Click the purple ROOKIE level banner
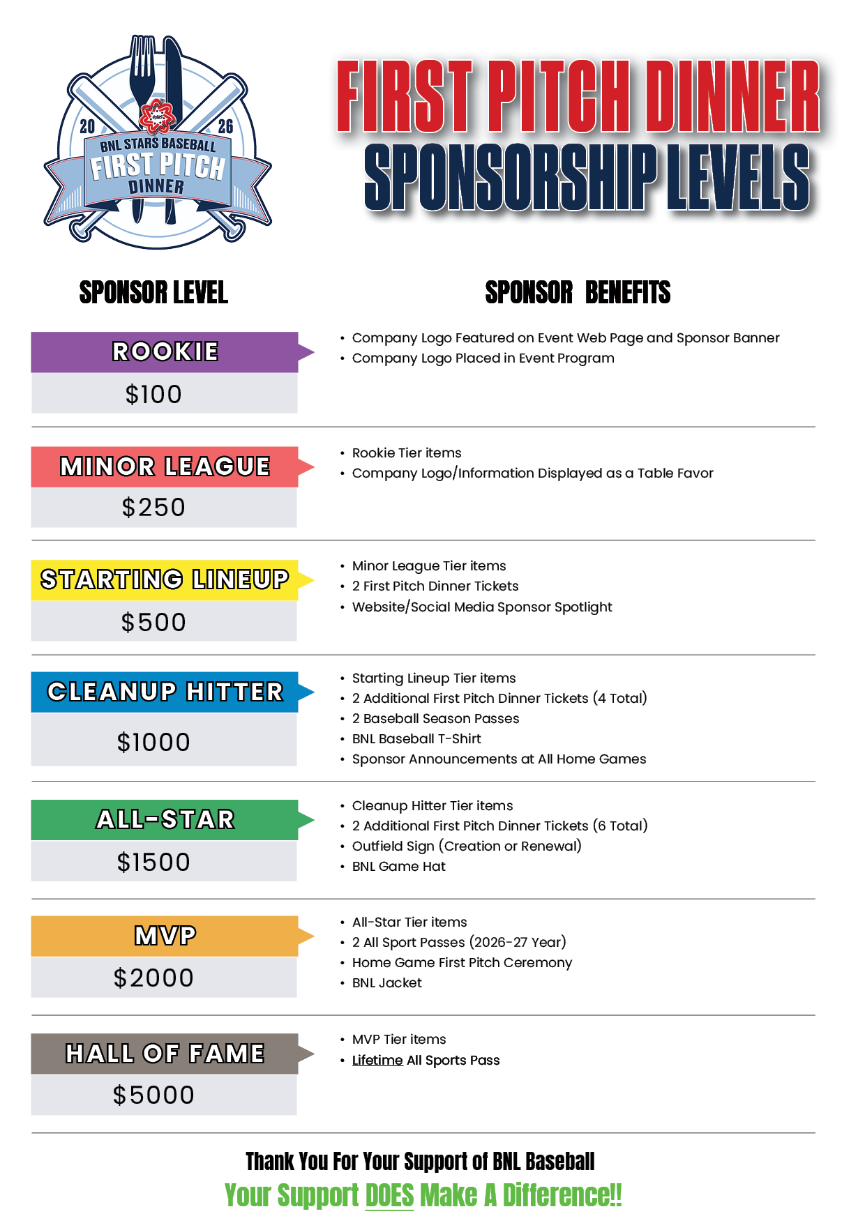[165, 351]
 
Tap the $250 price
[153, 508]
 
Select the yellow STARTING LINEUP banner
[165, 579]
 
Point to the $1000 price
[153, 742]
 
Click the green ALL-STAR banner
[165, 819]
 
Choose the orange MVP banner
[165, 936]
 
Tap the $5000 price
[153, 1095]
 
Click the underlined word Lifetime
[377, 1061]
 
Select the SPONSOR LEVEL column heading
[153, 293]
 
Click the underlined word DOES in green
[389, 1195]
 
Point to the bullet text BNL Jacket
[387, 983]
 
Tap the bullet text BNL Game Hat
[398, 867]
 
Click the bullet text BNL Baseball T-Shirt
[416, 739]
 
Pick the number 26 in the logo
[225, 126]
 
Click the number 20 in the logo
[87, 126]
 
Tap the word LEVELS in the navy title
[737, 178]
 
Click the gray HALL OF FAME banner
[165, 1054]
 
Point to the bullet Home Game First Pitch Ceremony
[462, 963]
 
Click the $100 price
[153, 395]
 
